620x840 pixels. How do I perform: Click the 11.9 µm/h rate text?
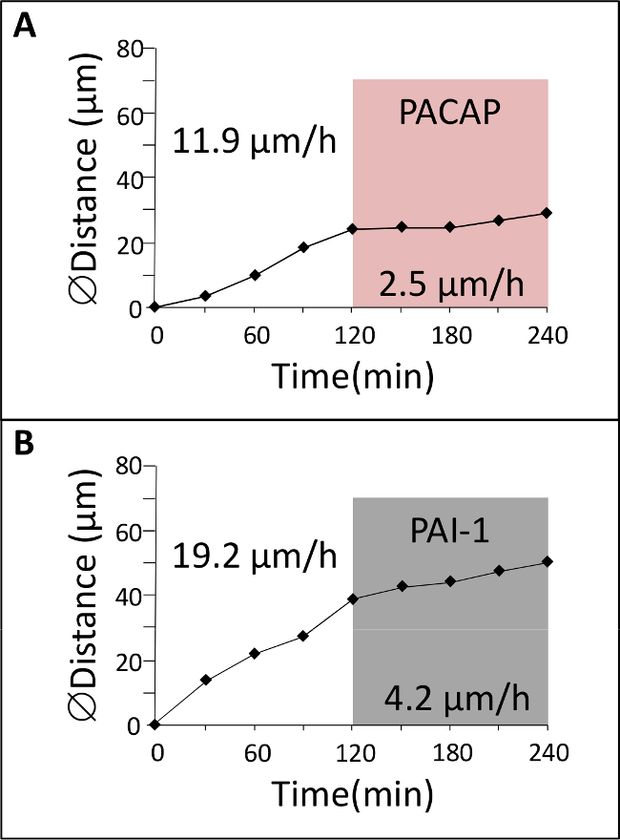pyautogui.click(x=254, y=145)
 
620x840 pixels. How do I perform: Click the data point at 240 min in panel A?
pyautogui.click(x=547, y=213)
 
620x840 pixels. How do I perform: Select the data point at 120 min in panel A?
pyautogui.click(x=353, y=229)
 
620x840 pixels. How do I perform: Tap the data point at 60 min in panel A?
pyautogui.click(x=255, y=275)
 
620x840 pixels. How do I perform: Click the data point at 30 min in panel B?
pyautogui.click(x=205, y=680)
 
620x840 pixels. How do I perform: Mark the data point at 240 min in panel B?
pyautogui.click(x=547, y=561)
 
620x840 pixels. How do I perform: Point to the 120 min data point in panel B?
pyautogui.click(x=353, y=598)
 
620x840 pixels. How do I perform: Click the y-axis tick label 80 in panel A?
pyautogui.click(x=131, y=49)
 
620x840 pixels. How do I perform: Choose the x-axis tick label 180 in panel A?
pyautogui.click(x=449, y=335)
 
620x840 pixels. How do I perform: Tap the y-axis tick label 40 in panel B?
pyautogui.click(x=131, y=595)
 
